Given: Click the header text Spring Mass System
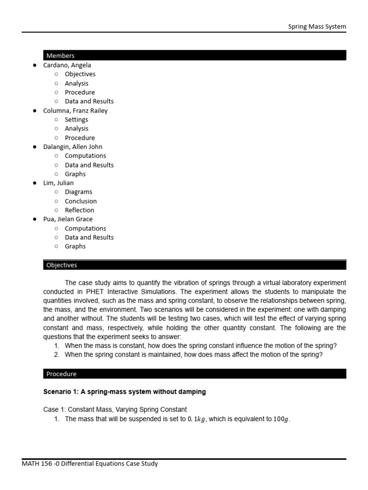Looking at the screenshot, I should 317,27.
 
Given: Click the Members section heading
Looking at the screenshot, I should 60,56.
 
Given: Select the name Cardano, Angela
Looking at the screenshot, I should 67,65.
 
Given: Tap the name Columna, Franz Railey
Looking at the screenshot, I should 75,111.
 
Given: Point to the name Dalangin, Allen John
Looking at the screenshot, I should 73,147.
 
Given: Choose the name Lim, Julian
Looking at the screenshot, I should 58,183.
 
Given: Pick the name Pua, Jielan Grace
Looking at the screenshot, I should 68,219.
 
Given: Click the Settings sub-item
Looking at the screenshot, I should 77,120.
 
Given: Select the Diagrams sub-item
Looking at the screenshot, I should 79,192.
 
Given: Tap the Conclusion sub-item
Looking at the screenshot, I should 80,201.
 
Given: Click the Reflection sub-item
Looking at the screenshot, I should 80,210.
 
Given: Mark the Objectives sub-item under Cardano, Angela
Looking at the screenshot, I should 80,74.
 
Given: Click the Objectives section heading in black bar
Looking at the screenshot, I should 61,265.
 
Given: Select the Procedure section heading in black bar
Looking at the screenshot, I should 61,374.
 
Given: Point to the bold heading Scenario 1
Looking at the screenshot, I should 125,392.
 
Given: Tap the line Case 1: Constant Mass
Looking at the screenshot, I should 115,410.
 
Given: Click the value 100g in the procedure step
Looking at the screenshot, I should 281,419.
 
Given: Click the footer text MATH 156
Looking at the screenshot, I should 90,464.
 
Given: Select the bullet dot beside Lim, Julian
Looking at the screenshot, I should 34,183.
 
